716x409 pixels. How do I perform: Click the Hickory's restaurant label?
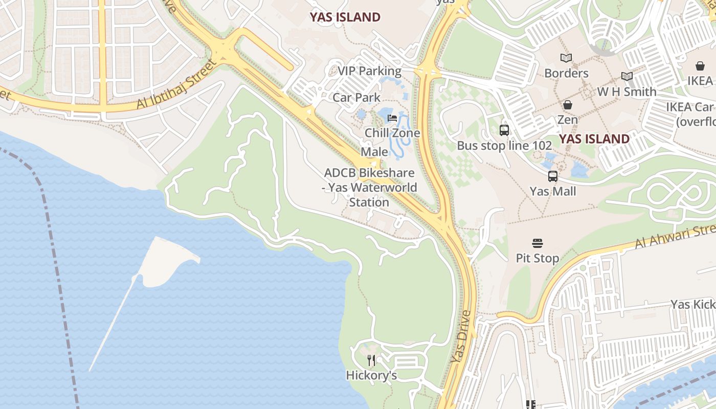point(371,375)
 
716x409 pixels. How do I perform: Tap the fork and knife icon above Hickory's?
point(371,360)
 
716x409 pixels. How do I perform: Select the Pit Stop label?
point(537,258)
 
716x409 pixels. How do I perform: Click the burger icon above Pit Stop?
point(537,243)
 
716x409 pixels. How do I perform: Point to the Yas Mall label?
point(552,191)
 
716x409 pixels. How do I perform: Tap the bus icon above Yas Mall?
point(552,176)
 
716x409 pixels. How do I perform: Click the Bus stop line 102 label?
point(504,145)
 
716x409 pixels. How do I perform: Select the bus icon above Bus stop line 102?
point(504,130)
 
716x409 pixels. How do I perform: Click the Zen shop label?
point(567,120)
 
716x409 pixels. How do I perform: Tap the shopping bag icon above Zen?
point(567,105)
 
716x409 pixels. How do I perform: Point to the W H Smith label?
point(626,92)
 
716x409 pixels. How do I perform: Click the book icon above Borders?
point(566,58)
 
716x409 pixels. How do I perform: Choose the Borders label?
point(566,73)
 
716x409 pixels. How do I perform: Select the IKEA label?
point(700,80)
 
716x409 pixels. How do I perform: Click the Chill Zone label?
point(392,133)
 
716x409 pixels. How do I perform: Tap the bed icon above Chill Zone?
point(392,118)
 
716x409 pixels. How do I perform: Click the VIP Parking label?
point(369,71)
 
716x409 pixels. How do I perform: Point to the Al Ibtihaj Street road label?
point(176,85)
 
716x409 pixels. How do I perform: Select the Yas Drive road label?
point(461,337)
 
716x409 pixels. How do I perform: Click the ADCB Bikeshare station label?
point(369,187)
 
